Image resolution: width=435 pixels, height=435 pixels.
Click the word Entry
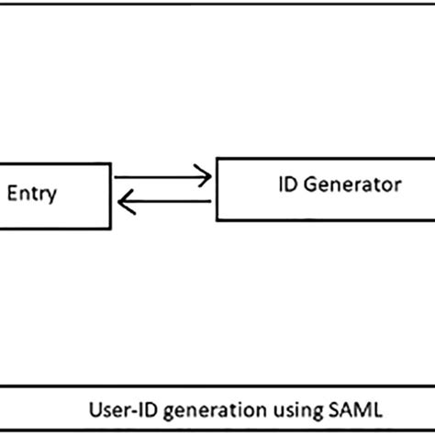coord(32,193)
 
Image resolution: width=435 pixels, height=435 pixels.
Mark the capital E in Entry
coord(13,193)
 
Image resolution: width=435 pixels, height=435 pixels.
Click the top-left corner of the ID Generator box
coord(217,158)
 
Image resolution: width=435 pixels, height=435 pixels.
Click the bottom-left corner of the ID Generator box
coord(217,220)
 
